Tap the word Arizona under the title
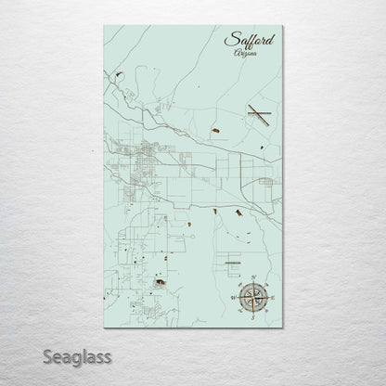pyautogui.click(x=246, y=56)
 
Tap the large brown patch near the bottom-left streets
pyautogui.click(x=161, y=282)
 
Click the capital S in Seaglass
pyautogui.click(x=46, y=356)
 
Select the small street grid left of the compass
pyautogui.click(x=225, y=256)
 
